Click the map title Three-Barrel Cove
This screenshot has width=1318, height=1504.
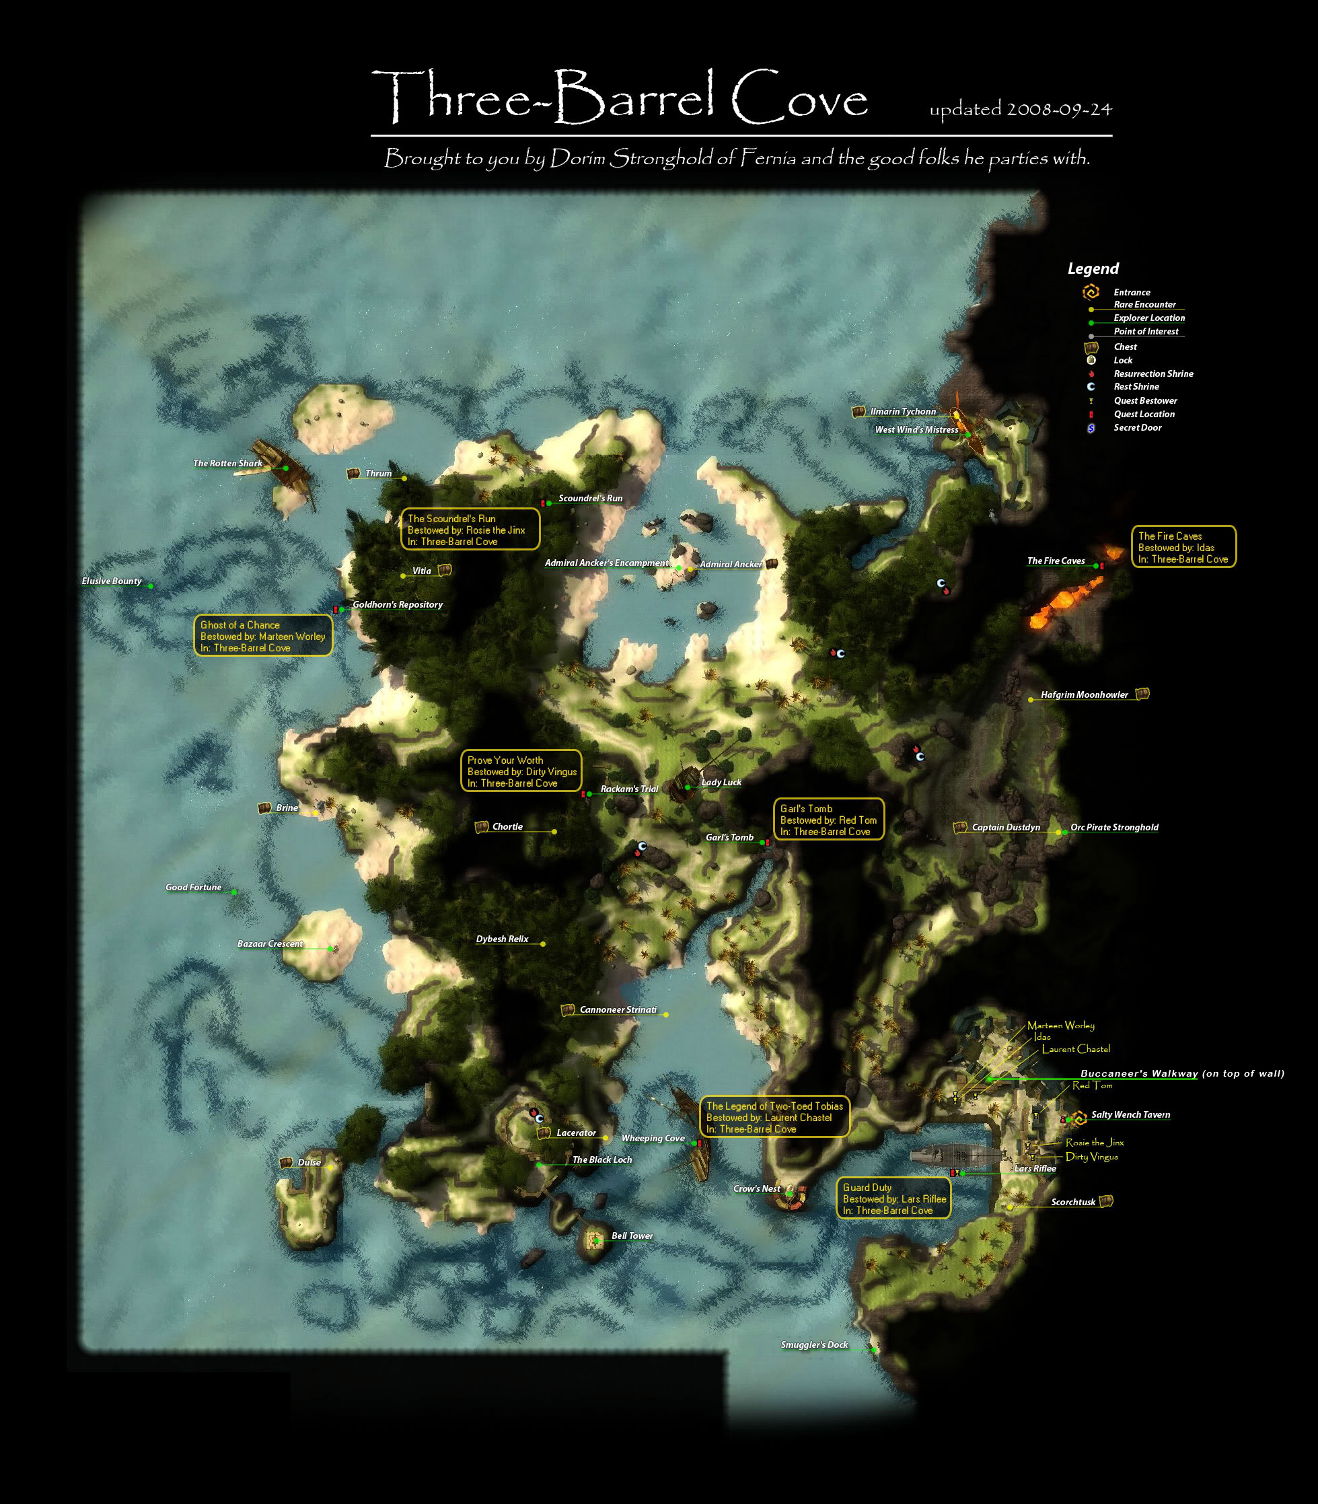(x=619, y=96)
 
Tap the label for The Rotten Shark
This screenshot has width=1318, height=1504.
(x=227, y=464)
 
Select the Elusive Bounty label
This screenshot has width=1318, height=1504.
(x=111, y=581)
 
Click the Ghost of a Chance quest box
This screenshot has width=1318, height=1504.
(x=262, y=636)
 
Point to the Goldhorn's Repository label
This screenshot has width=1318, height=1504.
(x=397, y=604)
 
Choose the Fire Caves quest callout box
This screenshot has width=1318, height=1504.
(x=1183, y=547)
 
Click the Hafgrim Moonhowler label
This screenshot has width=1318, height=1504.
(x=1083, y=695)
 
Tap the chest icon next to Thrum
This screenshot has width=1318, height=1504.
(x=353, y=474)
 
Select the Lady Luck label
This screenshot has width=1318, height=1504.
(x=721, y=783)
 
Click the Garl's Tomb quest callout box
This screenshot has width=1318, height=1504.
(x=828, y=820)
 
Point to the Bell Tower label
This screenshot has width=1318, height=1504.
(x=632, y=1236)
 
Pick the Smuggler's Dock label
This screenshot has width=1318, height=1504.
(x=813, y=1345)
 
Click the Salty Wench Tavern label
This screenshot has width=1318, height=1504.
(x=1130, y=1115)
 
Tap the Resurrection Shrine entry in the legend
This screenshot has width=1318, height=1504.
(x=1152, y=373)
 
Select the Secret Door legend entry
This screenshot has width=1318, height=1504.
(x=1137, y=427)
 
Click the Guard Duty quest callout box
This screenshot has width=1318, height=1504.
(x=893, y=1198)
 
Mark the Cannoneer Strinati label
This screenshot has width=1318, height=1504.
(x=618, y=1010)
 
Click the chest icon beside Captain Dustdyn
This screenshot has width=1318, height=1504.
(x=959, y=828)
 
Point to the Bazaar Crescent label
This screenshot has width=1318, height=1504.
(x=269, y=943)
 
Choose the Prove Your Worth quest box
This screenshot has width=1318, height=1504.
(x=521, y=771)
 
